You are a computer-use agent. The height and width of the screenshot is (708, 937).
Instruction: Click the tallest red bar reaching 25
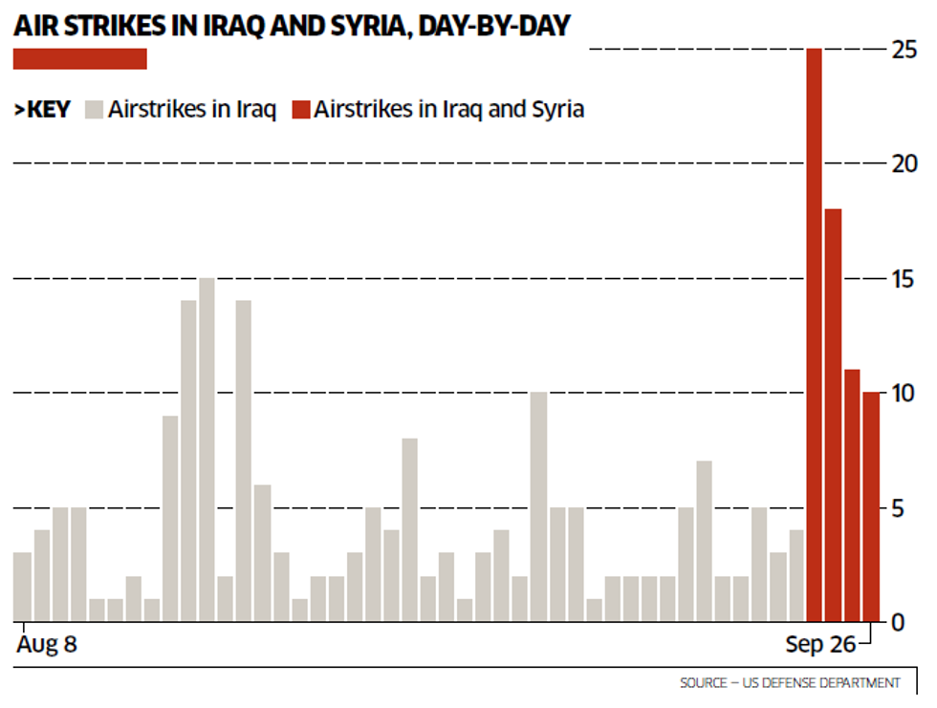[x=814, y=334]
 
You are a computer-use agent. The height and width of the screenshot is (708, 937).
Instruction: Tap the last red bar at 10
[x=870, y=506]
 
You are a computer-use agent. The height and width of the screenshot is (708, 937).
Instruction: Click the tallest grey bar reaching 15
[x=207, y=449]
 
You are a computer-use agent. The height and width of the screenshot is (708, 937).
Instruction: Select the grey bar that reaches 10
[x=538, y=506]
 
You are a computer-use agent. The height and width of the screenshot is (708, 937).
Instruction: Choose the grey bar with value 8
[x=409, y=529]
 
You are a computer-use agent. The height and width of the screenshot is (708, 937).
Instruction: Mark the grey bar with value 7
[x=704, y=541]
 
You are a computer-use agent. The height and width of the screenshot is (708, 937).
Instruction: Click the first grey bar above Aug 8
[x=22, y=587]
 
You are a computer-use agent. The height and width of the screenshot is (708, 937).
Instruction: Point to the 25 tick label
[x=904, y=50]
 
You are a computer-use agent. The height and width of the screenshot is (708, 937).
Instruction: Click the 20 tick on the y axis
[x=904, y=164]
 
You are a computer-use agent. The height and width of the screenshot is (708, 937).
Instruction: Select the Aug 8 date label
[x=46, y=645]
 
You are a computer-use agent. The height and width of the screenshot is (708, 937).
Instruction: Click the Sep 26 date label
[x=820, y=645]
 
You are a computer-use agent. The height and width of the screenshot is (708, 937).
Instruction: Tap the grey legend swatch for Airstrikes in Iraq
[x=94, y=109]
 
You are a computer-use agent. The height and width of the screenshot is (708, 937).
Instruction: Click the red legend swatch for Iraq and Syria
[x=301, y=109]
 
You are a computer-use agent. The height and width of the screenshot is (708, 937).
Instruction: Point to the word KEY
[x=48, y=109]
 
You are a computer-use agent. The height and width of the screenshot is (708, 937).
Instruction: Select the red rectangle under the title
[x=79, y=59]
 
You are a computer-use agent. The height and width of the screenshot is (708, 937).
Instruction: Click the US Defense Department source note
[x=790, y=683]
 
